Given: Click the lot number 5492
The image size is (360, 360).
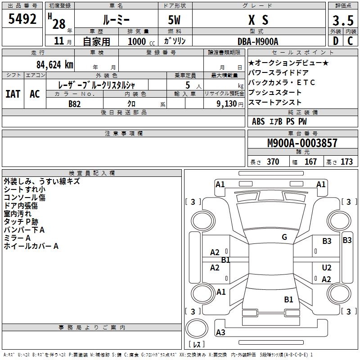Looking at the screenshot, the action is tap(22, 19).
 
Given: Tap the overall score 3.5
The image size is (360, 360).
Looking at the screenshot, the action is tap(343, 20).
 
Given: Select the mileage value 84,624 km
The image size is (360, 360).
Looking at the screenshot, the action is tap(55, 65).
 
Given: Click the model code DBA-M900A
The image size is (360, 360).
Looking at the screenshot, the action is tap(258, 41).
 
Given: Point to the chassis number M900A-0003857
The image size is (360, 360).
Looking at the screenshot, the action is tap(302, 143).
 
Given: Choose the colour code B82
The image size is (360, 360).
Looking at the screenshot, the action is tap(74, 104).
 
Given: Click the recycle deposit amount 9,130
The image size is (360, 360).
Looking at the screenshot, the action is tap(227, 104).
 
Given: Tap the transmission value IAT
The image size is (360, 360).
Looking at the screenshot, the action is tap(13, 94).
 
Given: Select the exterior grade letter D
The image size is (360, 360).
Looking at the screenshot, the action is tap(336, 41).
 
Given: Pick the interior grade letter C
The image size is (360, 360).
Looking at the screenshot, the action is tap(350, 41).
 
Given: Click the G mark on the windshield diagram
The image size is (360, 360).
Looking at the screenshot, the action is tap(284, 237).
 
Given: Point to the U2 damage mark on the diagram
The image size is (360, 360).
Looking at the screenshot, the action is tap(327, 268).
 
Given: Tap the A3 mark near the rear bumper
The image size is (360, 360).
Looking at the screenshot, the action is tap(220, 333).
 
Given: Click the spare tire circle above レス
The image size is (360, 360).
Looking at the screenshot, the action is tap(197, 328).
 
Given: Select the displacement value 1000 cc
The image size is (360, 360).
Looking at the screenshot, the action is tap(141, 41).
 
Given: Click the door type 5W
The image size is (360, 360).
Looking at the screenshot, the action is tap(174, 20).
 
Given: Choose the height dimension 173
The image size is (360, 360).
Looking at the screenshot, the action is tap(346, 162).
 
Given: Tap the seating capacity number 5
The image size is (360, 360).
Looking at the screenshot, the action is tap(188, 85).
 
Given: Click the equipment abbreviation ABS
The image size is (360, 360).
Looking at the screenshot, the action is tap(258, 121).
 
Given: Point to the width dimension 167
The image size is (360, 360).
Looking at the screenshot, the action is tap(310, 162).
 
